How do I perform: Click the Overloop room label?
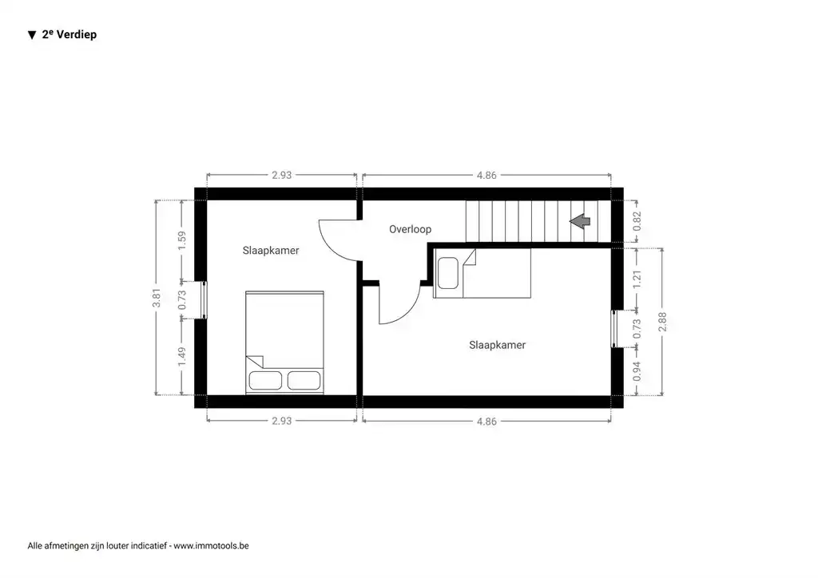(410, 229)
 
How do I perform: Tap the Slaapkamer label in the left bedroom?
(271, 250)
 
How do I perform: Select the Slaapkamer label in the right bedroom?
(497, 345)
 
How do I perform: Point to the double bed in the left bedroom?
(285, 342)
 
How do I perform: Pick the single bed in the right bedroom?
(482, 273)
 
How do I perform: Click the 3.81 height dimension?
(157, 297)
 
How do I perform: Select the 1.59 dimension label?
(182, 240)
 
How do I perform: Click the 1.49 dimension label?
(182, 355)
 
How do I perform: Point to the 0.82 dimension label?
(637, 221)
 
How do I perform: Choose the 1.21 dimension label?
(637, 279)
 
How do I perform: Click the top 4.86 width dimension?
(486, 175)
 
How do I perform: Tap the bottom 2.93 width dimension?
(281, 421)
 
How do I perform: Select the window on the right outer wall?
(617, 328)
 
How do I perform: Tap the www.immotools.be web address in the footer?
(211, 546)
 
